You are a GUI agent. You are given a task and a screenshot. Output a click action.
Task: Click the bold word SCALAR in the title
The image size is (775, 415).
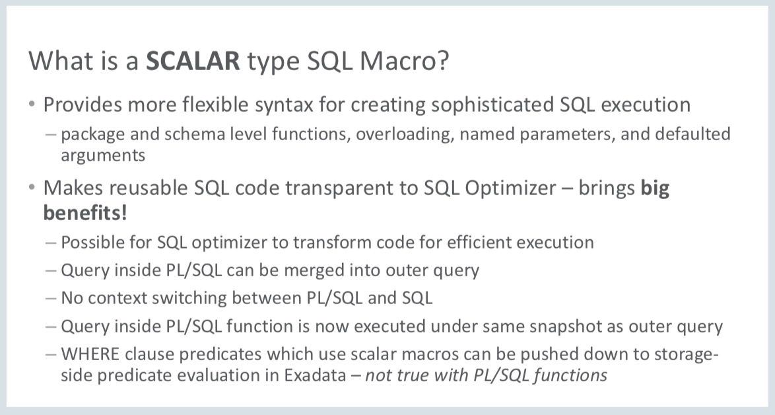(193, 61)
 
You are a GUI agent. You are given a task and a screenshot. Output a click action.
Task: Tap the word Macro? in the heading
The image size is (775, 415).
(405, 61)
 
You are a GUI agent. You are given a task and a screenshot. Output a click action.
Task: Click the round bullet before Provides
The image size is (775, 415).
(32, 104)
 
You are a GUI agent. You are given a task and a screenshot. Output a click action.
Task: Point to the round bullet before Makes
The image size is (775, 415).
(32, 188)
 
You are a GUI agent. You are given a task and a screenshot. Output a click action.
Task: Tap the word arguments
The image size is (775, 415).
(103, 157)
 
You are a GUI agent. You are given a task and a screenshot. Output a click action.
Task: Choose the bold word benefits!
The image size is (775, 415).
(85, 213)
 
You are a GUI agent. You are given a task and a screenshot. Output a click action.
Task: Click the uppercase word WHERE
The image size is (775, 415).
(90, 354)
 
